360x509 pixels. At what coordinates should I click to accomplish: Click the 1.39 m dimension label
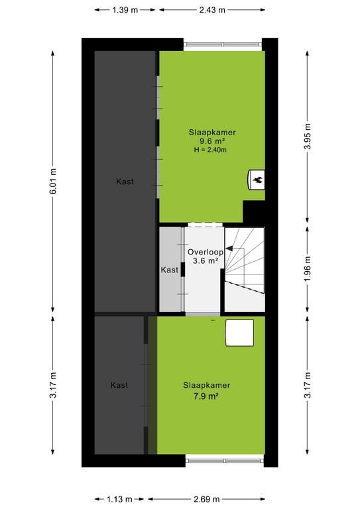click(125, 10)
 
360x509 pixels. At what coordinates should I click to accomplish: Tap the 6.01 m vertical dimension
click(53, 182)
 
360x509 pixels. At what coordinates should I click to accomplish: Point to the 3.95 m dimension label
click(308, 137)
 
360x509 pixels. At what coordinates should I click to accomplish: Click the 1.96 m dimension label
click(308, 269)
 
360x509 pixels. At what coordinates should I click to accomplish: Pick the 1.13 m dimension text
click(119, 499)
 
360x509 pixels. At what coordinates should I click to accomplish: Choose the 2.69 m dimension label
click(206, 499)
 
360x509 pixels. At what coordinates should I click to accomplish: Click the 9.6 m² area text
click(212, 141)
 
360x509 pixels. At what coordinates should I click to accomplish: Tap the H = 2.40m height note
click(210, 150)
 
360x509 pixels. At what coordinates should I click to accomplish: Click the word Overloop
click(206, 252)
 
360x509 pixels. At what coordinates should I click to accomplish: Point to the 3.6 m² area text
click(205, 260)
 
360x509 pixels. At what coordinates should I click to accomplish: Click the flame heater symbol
click(257, 180)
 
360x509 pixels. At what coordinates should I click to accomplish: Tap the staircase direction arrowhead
click(229, 249)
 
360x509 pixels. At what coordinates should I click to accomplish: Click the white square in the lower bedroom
click(239, 333)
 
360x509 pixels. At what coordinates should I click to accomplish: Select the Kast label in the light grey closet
click(170, 270)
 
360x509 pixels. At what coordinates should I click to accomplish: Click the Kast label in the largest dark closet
click(125, 182)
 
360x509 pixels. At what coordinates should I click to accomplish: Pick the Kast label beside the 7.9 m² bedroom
click(119, 385)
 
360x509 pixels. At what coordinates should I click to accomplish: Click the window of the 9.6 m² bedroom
click(223, 44)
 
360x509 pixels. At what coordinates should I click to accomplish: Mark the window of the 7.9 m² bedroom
click(225, 461)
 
